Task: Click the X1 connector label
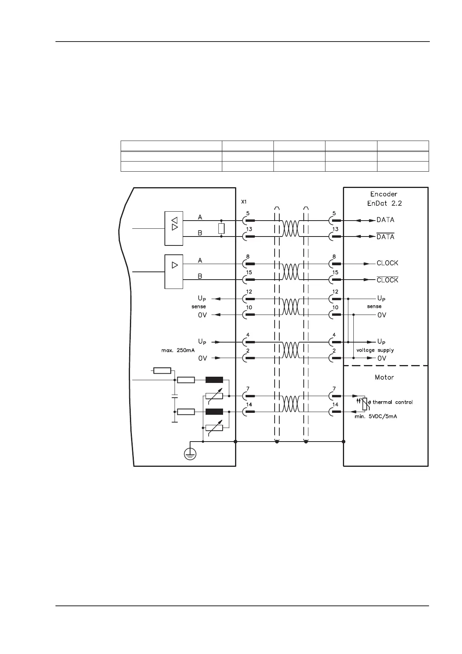click(x=244, y=202)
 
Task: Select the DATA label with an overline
click(x=385, y=237)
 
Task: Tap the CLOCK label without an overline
click(x=387, y=263)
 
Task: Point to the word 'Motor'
click(x=384, y=377)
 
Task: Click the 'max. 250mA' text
click(x=178, y=350)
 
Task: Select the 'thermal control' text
click(x=392, y=402)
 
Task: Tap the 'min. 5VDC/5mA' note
click(x=375, y=416)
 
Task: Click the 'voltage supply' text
click(x=375, y=350)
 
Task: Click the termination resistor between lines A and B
click(x=221, y=228)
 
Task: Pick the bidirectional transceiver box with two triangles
click(x=174, y=228)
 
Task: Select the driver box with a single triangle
click(x=174, y=271)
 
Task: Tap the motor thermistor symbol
click(x=364, y=404)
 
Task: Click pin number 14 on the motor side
click(x=335, y=405)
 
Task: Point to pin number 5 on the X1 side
click(x=248, y=213)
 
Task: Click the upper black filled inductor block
click(x=214, y=380)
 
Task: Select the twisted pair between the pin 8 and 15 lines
click(x=291, y=271)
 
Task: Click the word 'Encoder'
click(x=384, y=194)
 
